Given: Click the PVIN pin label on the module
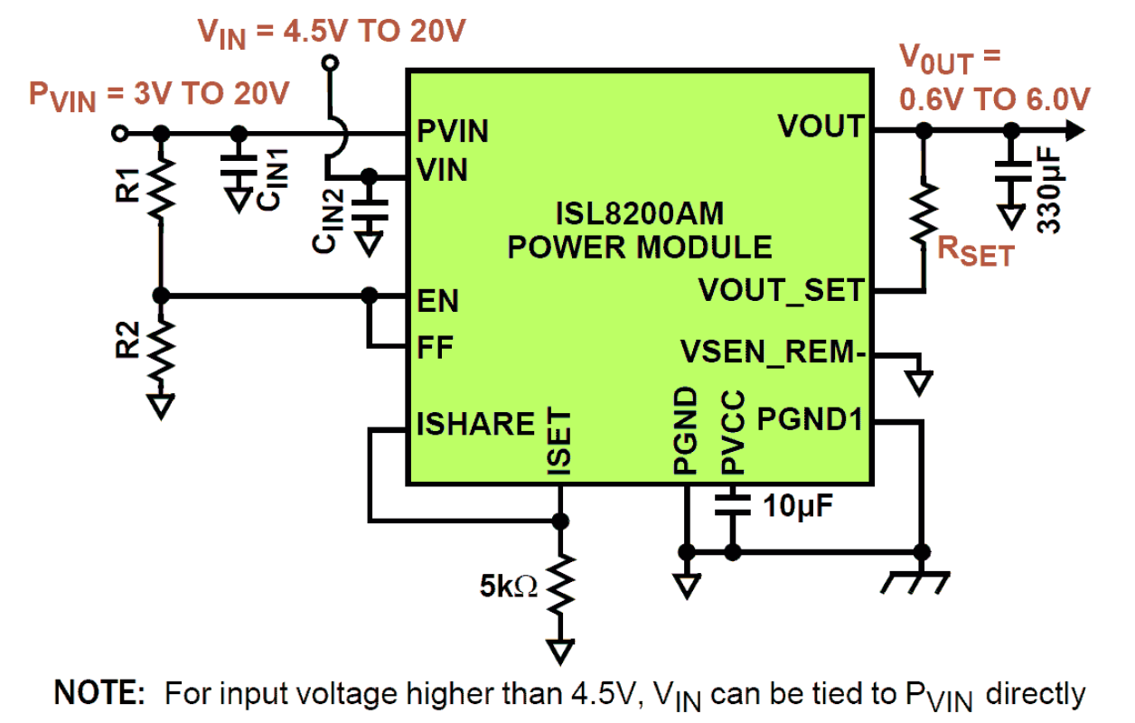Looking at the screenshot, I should [453, 132].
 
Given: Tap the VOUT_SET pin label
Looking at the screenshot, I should [782, 291].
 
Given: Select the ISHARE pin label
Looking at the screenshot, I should [475, 424].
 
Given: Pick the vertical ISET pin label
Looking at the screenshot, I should [558, 441].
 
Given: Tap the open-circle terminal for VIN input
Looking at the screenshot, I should [331, 62].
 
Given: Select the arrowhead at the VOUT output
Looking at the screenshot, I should [1074, 132].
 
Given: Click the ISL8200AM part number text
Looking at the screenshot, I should [640, 215].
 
